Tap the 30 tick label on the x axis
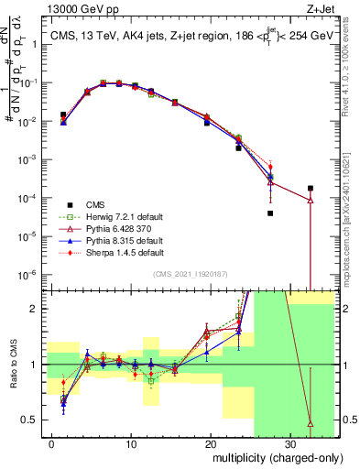point(289,443)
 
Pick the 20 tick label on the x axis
point(211,443)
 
